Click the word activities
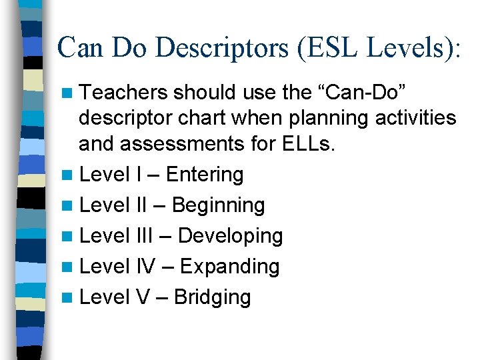pyautogui.click(x=417, y=119)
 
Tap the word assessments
pyautogui.click(x=211, y=144)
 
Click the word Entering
pyautogui.click(x=205, y=175)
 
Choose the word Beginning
pyautogui.click(x=218, y=205)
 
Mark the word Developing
pyautogui.click(x=231, y=236)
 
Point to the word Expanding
pyautogui.click(x=230, y=267)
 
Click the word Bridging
pyautogui.click(x=212, y=297)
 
